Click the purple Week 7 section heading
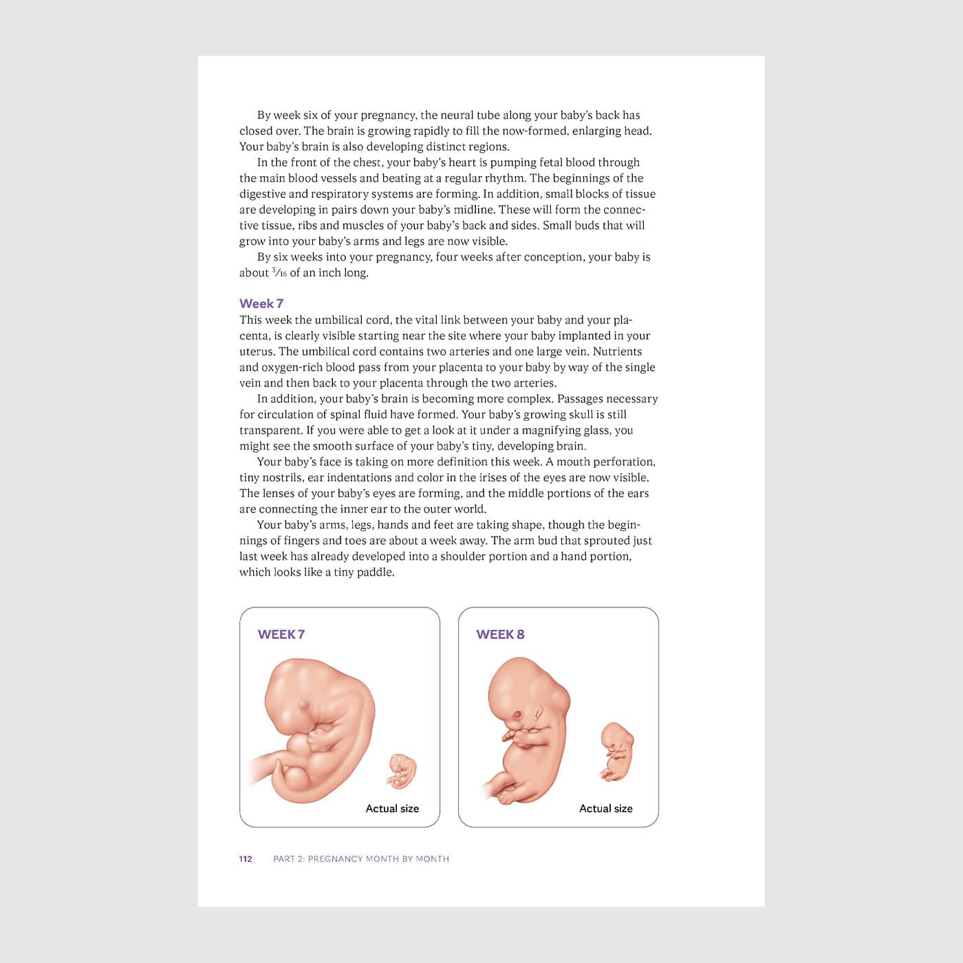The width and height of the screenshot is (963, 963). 261,303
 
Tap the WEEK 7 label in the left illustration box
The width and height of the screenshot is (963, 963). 281,634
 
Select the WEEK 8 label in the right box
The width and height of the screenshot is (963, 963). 500,634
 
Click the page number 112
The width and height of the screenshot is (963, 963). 246,858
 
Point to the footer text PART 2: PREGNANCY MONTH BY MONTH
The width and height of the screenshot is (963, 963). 361,858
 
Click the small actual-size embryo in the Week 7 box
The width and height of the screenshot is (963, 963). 402,771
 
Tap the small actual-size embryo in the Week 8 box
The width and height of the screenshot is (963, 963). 616,751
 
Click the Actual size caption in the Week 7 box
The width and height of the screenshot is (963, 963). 392,808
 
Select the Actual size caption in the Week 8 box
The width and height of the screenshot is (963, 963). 605,808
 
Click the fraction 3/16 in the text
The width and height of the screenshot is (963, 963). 279,272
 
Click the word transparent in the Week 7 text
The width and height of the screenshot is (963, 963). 270,431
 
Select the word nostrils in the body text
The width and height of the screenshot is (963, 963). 281,477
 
